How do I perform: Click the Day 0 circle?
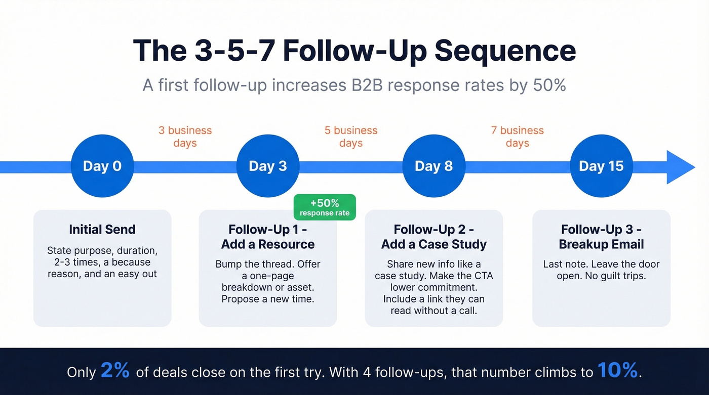[102, 166]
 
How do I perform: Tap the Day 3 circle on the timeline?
[268, 166]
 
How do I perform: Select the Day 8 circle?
[434, 166]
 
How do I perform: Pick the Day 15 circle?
[601, 166]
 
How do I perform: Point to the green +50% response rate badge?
[325, 207]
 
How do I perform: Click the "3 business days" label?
[185, 137]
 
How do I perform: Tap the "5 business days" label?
[351, 137]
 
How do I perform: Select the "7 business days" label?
[517, 137]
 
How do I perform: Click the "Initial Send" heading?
[102, 230]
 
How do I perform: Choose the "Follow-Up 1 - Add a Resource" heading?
[268, 237]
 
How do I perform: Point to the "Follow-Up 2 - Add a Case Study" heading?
[434, 237]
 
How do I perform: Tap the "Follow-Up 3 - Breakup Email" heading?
[601, 237]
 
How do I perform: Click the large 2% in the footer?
[115, 371]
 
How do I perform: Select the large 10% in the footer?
[617, 371]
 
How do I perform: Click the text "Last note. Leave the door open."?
[601, 270]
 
